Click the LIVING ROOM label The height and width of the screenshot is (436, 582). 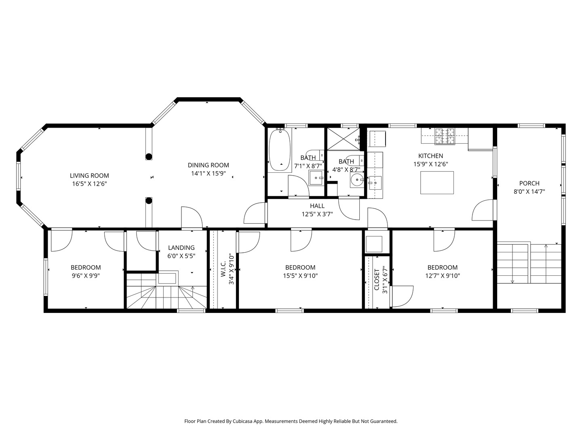89,176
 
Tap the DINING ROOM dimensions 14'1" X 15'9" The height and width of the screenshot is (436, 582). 209,174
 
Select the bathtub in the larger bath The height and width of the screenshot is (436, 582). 280,150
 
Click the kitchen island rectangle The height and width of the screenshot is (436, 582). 437,182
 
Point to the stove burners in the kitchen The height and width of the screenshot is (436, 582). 445,136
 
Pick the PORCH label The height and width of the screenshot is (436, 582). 529,183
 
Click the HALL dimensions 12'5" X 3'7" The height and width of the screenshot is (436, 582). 317,214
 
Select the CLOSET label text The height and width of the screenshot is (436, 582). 377,279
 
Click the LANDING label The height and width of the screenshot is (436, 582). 181,247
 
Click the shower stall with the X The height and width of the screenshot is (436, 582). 344,139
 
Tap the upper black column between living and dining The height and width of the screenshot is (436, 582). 149,157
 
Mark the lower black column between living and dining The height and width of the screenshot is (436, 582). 149,201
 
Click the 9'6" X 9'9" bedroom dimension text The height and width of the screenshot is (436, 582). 86,276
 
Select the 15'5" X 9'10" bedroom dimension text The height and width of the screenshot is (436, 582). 300,276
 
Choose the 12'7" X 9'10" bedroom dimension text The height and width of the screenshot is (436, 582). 442,276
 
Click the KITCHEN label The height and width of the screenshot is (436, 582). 430,156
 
